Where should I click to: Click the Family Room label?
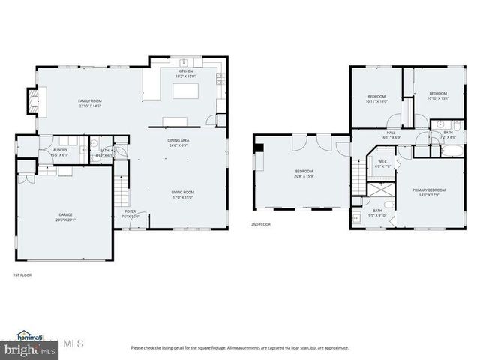tap(91, 103)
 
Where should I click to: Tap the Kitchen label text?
tap(184, 73)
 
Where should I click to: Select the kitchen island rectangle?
tap(184, 91)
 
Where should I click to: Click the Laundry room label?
tap(59, 152)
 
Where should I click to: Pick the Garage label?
tap(66, 217)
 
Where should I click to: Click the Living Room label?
tap(182, 194)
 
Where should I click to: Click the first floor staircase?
tap(121, 193)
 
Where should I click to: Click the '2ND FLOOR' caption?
tap(260, 223)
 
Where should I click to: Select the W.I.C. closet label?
tap(382, 163)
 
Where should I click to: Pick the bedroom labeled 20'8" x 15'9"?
tap(303, 175)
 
